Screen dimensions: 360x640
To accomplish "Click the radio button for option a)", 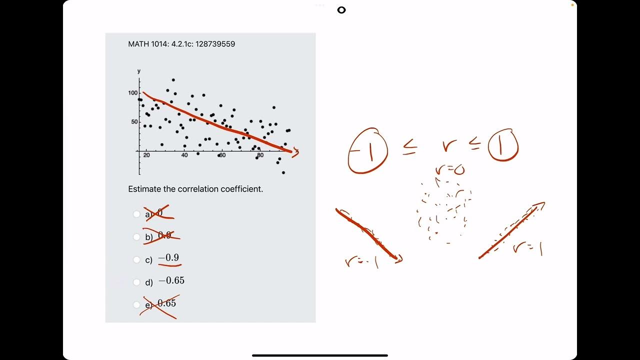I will (x=136, y=214).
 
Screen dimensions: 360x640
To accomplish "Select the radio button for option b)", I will (x=136, y=236).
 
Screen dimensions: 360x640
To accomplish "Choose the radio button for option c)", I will (x=136, y=259).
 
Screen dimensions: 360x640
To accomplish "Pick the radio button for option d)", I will (x=136, y=282).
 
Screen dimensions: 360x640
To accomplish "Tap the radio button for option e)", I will (x=136, y=304).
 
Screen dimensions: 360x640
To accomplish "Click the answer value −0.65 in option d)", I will (x=171, y=281).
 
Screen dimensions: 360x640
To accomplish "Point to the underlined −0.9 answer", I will (x=169, y=258).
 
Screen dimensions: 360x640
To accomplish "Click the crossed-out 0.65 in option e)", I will (x=167, y=303).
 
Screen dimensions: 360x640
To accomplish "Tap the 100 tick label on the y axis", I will (x=132, y=93).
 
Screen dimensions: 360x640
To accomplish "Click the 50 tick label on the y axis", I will (x=133, y=122).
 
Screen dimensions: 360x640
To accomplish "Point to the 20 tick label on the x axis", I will (x=146, y=155).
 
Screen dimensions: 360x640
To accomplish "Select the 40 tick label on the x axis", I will (x=184, y=155).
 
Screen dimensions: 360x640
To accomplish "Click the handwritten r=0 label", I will (x=449, y=169).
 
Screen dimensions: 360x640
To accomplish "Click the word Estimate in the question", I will (x=144, y=189).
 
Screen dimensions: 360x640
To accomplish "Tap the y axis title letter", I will (x=139, y=71).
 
